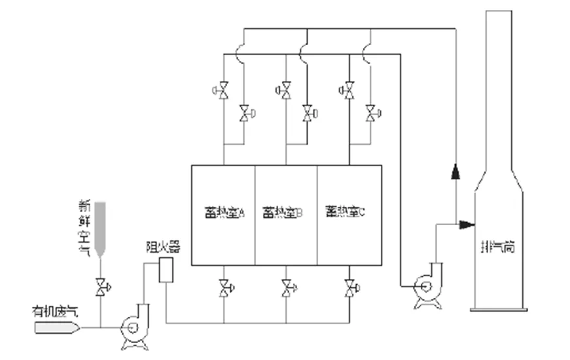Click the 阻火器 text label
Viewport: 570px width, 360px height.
click(x=162, y=247)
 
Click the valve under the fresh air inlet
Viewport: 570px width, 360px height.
click(x=101, y=287)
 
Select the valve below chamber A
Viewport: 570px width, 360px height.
click(x=224, y=287)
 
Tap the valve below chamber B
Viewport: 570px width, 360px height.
click(x=287, y=287)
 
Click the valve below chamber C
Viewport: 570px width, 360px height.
click(x=349, y=287)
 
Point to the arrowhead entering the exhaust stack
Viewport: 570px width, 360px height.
click(x=467, y=225)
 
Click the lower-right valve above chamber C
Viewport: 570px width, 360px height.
click(x=370, y=113)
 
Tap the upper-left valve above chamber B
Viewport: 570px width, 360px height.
click(x=285, y=90)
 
